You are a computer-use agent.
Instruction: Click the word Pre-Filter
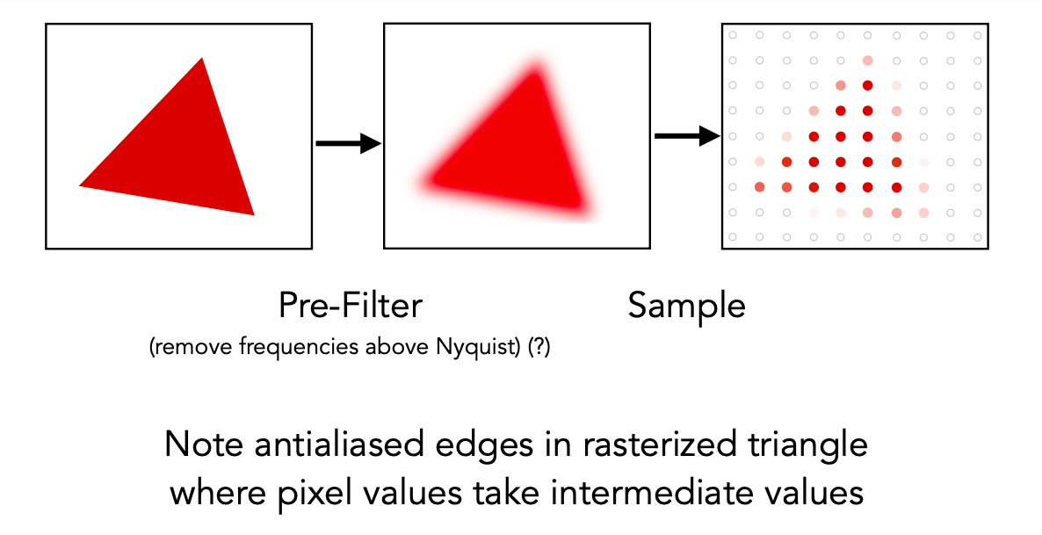tap(351, 306)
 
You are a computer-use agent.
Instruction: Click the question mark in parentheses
tap(539, 347)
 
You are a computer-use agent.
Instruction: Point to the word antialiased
tap(339, 444)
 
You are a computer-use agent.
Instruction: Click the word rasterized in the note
tap(658, 444)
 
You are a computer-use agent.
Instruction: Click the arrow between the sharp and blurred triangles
tap(348, 143)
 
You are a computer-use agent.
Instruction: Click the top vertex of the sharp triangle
tap(202, 59)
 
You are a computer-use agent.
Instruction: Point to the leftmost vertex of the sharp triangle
tap(80, 185)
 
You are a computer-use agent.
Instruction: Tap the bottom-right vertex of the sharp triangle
tap(254, 214)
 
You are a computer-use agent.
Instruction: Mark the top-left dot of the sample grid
tap(733, 35)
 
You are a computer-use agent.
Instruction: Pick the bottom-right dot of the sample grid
tap(978, 236)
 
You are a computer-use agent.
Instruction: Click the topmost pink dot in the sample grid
tap(867, 61)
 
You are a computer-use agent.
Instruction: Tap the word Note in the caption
tap(204, 444)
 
